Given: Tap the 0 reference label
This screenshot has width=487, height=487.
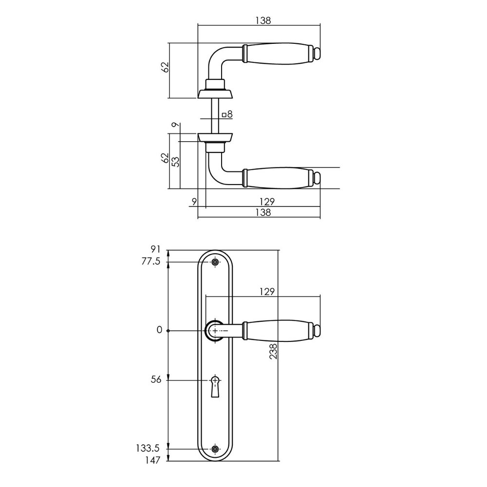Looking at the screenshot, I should click(159, 330).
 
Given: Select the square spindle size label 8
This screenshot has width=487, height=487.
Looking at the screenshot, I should click(227, 115).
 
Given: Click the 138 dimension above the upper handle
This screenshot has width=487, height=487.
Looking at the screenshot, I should click(262, 20).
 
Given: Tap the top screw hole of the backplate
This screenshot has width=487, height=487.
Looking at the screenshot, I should click(215, 262).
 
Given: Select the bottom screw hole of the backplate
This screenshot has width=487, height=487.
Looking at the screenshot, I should click(215, 449).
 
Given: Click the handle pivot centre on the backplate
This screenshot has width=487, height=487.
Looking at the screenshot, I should click(215, 331).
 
